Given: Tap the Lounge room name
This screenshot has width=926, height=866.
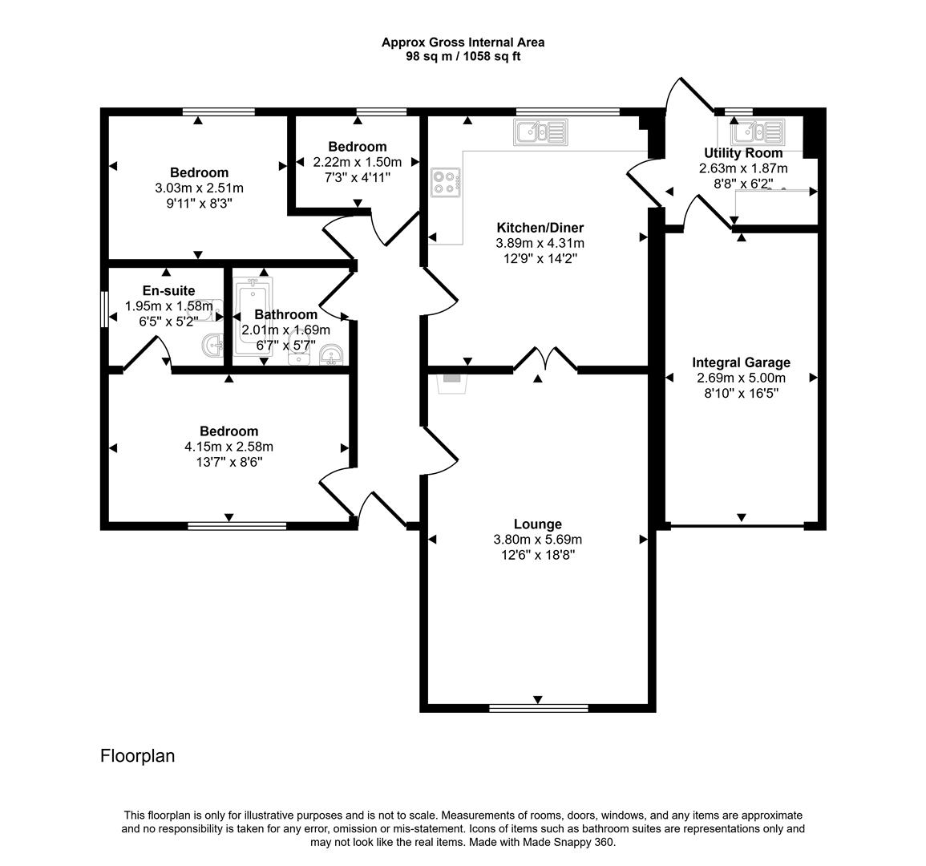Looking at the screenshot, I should point(537,524).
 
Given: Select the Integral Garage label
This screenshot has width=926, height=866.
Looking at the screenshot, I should point(741,362).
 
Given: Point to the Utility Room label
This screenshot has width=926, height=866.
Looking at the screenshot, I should point(743,153).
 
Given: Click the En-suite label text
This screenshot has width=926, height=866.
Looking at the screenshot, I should point(168,291).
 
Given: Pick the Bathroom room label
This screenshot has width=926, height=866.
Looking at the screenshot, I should point(285,315).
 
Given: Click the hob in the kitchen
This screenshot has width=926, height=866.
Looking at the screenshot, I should point(445,182).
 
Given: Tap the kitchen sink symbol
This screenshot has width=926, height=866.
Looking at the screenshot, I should point(541,132).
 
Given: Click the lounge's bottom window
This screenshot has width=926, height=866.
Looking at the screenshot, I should point(538,707).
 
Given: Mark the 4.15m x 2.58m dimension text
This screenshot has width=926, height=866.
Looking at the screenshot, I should point(228,447).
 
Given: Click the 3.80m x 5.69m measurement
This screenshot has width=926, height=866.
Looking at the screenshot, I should point(537,540).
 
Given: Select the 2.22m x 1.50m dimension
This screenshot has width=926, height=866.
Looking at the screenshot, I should point(357,162).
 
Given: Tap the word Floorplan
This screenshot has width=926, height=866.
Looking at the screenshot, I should point(137,755).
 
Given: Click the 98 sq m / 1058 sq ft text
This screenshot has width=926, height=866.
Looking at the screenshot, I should point(463,56).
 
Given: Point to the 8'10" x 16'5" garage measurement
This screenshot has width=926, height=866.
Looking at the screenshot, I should point(741,393).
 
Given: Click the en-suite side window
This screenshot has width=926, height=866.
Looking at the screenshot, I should point(104,309).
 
